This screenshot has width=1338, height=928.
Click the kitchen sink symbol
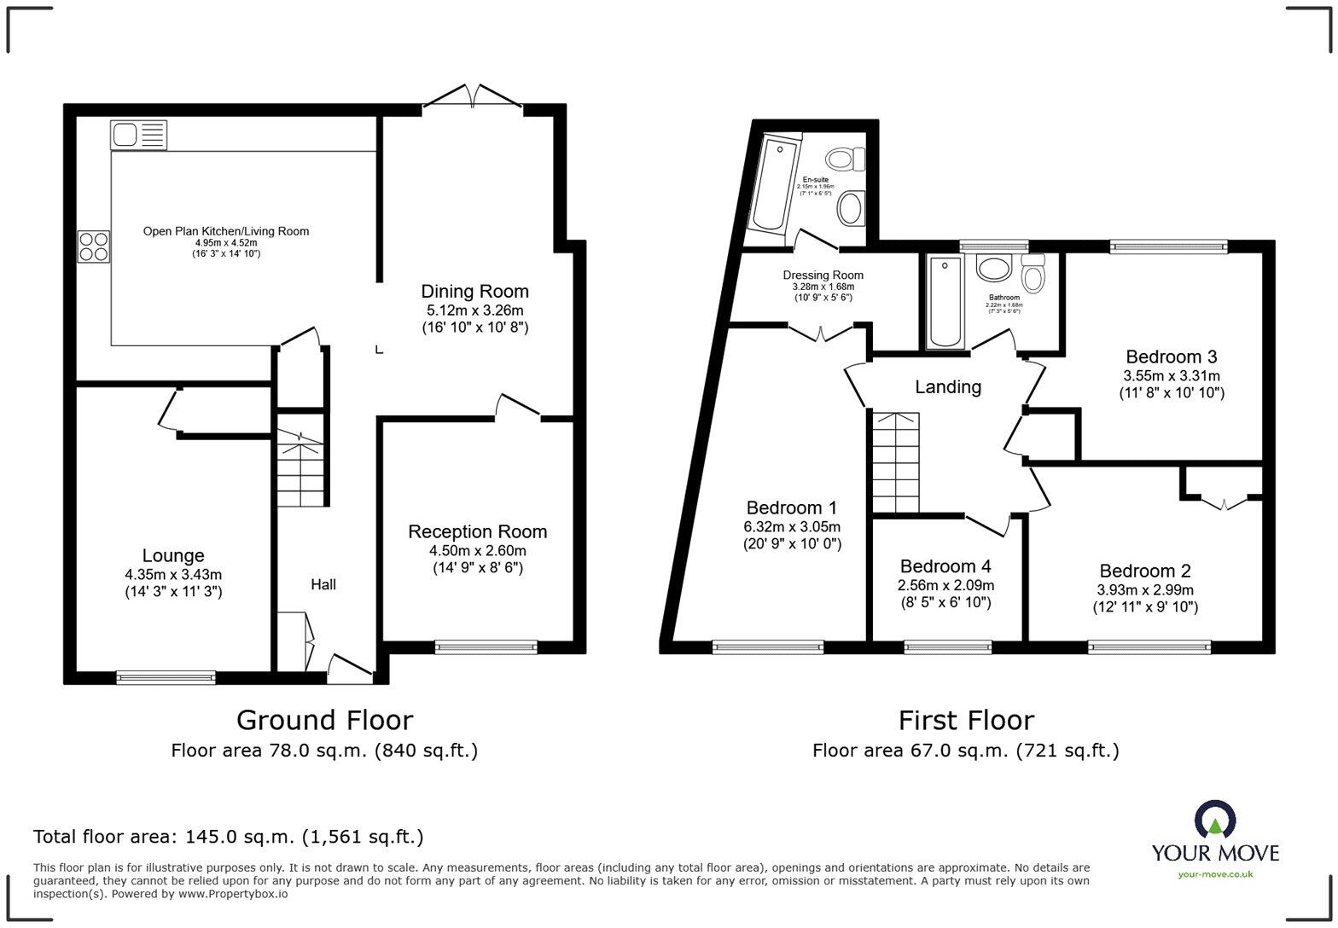point(138,135)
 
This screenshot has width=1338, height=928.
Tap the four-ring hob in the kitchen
point(94,246)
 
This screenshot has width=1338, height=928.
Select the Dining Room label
point(474,292)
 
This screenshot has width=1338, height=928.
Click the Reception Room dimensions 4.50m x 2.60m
point(477,550)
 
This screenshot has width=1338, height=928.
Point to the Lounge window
point(166,677)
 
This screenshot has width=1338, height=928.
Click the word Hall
point(323,584)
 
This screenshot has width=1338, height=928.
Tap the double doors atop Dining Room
point(472,97)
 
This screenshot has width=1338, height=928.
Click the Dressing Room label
point(823,275)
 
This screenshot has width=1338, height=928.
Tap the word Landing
point(947,387)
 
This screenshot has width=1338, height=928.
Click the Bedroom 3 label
point(1171,357)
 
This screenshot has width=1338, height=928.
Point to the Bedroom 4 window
point(947,647)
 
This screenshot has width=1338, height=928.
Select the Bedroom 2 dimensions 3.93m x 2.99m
point(1144,589)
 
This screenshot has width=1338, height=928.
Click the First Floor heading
point(965,721)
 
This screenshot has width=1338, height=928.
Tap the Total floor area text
point(228,837)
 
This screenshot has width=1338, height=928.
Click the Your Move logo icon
point(1214,820)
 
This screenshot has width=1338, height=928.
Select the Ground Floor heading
point(324,721)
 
